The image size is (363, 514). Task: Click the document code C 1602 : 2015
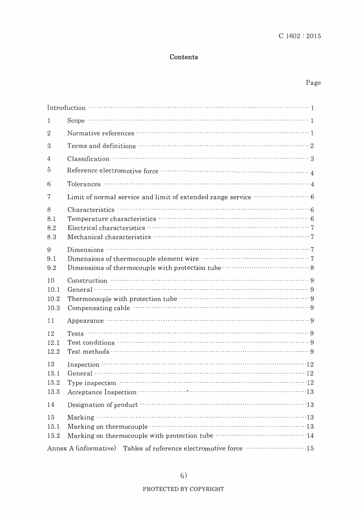pyautogui.click(x=300, y=36)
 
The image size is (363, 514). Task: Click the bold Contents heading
pyautogui.click(x=184, y=57)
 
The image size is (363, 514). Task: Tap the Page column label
pyautogui.click(x=313, y=83)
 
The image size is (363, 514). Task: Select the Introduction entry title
pyautogui.click(x=66, y=108)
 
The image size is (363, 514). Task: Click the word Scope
pyautogui.click(x=76, y=121)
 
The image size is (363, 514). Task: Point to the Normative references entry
pyautogui.click(x=100, y=133)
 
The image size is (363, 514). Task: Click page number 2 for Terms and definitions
pyautogui.click(x=312, y=146)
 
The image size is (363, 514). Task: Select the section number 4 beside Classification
pyautogui.click(x=49, y=159)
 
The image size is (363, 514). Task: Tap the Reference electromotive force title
pyautogui.click(x=113, y=171)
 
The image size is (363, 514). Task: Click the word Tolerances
pyautogui.click(x=84, y=184)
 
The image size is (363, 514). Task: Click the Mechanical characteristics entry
pyautogui.click(x=109, y=237)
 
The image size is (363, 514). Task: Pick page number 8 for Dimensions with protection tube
pyautogui.click(x=312, y=268)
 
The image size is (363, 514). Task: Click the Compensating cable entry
pyautogui.click(x=99, y=308)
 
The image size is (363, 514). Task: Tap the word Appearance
pyautogui.click(x=85, y=321)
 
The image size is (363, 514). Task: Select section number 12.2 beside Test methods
pyautogui.click(x=53, y=352)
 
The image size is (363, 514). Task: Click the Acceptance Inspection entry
pyautogui.click(x=102, y=392)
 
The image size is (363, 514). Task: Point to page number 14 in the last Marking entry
pyautogui.click(x=310, y=436)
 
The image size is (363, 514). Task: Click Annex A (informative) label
pyautogui.click(x=81, y=449)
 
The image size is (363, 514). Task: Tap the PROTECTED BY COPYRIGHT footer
pyautogui.click(x=183, y=489)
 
